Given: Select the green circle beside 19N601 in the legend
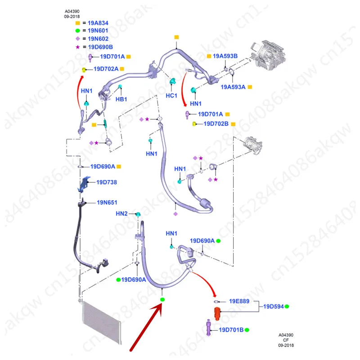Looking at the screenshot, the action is click(77, 30).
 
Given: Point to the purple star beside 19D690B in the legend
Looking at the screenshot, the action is click(77, 47).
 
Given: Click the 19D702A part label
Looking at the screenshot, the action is click(106, 69).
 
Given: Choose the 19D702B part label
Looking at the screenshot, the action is click(216, 123).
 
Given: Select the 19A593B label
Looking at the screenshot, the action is click(225, 56).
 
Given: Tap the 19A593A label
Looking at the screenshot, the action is click(233, 87).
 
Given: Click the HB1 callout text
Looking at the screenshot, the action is click(121, 99).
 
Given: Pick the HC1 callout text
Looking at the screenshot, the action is click(171, 96).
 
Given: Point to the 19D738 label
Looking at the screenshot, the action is click(107, 182).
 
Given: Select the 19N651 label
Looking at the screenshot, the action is click(107, 202).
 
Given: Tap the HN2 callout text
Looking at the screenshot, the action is click(122, 213).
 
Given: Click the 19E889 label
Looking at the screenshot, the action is click(239, 301).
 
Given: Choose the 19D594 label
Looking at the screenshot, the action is click(273, 306).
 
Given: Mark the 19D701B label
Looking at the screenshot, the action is click(231, 330).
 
